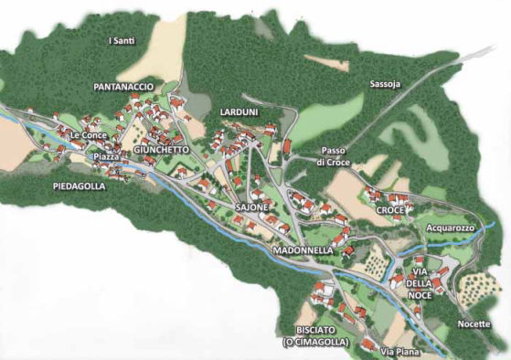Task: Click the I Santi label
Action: pos(122,41)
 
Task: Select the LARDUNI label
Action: pos(240,111)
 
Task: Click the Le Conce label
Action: pos(87,136)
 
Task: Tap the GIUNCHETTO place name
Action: pos(160,148)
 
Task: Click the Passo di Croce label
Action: pos(334,155)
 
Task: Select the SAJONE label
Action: pos(252,208)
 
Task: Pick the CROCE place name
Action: pos(389,210)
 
